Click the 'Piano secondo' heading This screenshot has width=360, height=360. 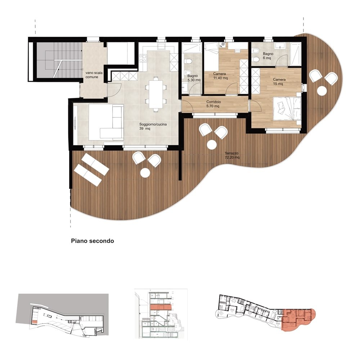point(93,241)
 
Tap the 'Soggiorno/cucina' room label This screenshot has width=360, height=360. point(153,124)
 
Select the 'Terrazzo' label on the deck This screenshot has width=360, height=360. point(231,153)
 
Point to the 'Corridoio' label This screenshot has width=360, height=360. point(213,102)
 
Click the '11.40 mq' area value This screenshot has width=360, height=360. point(220,78)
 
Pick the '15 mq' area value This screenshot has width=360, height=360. point(278,84)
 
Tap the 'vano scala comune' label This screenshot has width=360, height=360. point(94,75)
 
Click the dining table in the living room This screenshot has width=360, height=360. point(156,94)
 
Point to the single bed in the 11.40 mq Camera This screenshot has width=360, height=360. point(211,51)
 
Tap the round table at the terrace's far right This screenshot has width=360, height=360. point(321,91)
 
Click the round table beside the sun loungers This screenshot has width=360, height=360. point(145,173)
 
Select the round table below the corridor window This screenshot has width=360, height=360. point(211,145)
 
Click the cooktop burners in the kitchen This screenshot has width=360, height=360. point(143,58)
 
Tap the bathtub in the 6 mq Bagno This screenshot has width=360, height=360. point(294,53)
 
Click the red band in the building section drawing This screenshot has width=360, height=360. point(161,307)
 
